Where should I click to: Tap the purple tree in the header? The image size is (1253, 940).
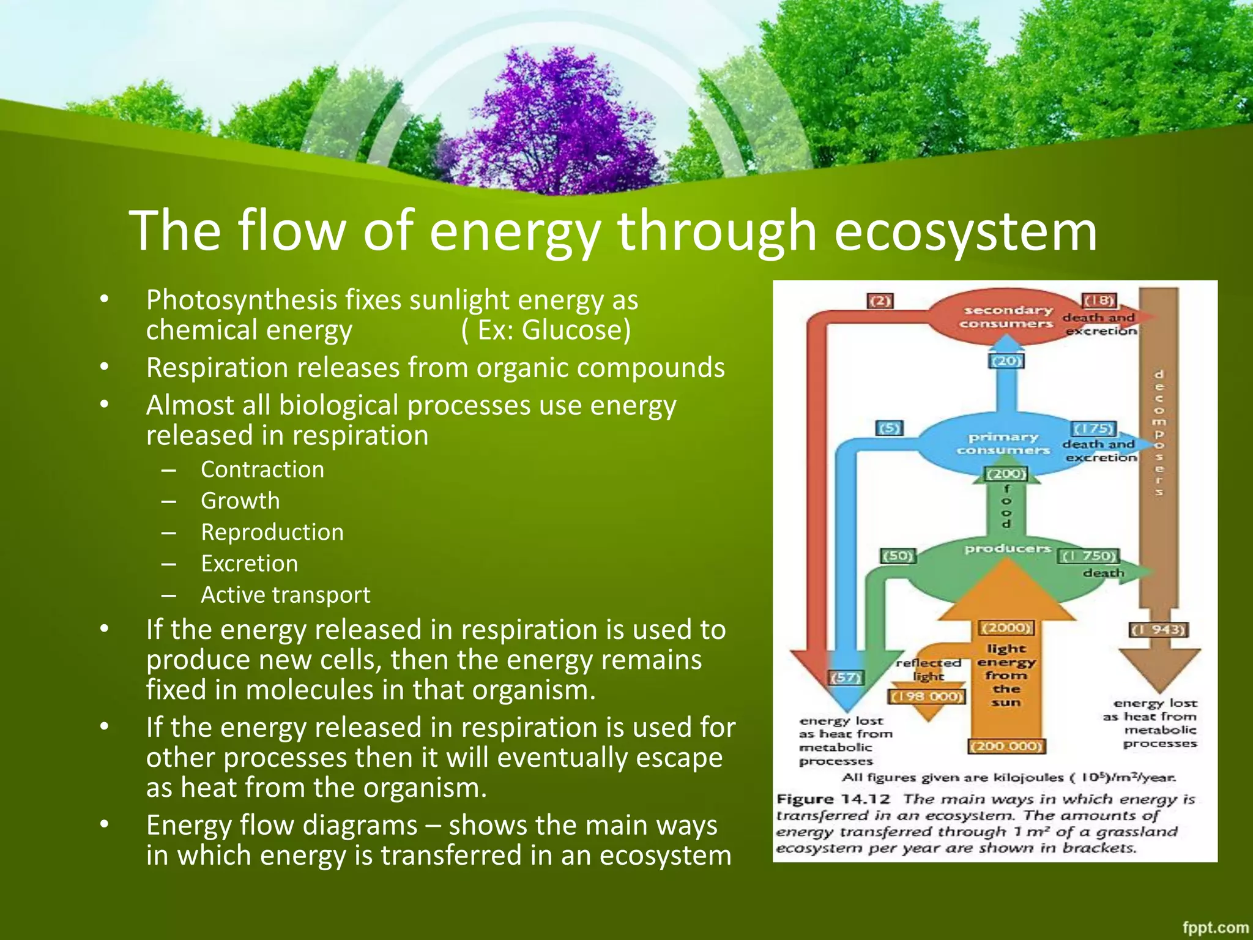tap(551, 122)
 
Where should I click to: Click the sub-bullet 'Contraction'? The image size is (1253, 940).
tap(262, 469)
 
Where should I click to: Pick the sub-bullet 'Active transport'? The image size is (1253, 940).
tap(285, 595)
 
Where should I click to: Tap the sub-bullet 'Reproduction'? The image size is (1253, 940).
tap(272, 532)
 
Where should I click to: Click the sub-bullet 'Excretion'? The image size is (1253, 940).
tap(250, 564)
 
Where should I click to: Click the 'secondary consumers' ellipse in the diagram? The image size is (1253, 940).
tap(1006, 317)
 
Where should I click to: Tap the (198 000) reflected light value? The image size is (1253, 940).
tap(927, 697)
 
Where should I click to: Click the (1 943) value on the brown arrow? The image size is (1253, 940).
tap(1158, 630)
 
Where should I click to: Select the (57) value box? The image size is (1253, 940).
tap(846, 677)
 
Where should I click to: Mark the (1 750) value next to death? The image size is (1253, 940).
tap(1088, 556)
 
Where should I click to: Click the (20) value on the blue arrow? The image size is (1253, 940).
tap(1006, 361)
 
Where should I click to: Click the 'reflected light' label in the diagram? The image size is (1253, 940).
tap(928, 670)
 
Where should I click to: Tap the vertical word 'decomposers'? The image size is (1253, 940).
tap(1159, 432)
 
